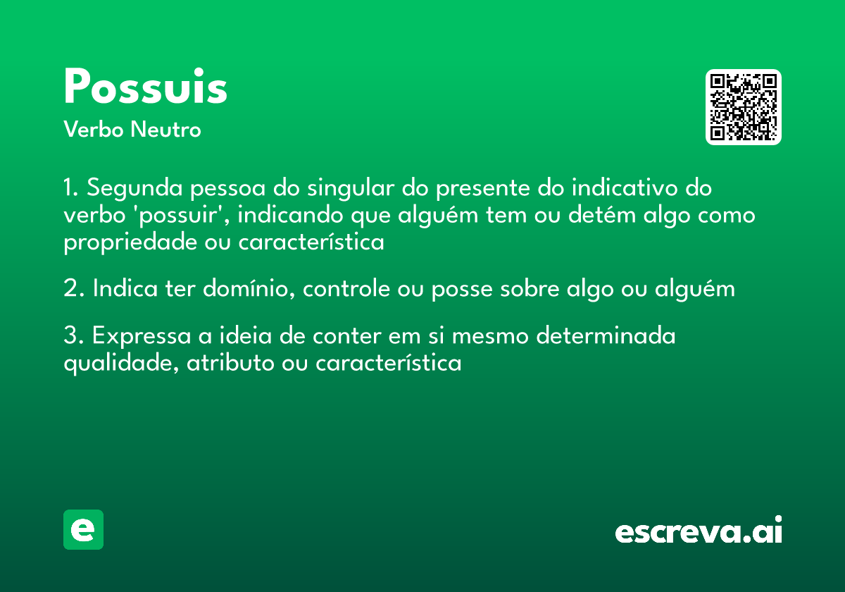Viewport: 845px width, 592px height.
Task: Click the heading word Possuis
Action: (145, 87)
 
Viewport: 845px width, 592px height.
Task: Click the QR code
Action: (744, 107)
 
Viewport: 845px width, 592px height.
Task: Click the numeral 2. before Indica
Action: (73, 289)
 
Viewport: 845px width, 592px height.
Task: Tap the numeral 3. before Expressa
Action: (73, 337)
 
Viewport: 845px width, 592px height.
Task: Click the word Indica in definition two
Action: (124, 289)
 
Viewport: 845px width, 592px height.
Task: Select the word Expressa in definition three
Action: (139, 337)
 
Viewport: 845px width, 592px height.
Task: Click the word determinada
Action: (606, 337)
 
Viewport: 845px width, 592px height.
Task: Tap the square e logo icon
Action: (83, 529)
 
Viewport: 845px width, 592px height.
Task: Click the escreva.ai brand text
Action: (699, 531)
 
